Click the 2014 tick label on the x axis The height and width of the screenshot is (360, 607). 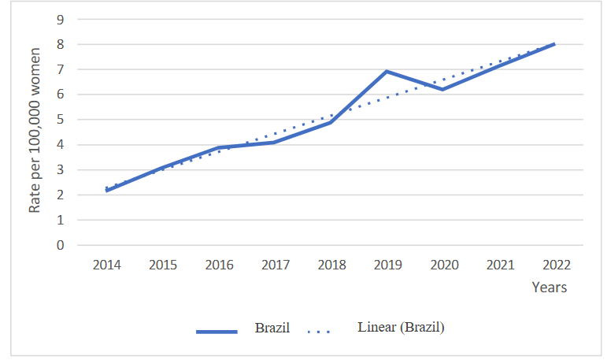pos(107,265)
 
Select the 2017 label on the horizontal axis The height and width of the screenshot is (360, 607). pos(276,265)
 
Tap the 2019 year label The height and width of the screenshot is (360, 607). pos(387,265)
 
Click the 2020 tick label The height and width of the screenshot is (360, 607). pos(443,265)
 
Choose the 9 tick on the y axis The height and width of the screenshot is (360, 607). pos(60,19)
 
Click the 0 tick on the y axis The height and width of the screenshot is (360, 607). pos(60,245)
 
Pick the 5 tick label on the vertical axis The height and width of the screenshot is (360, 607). pos(60,120)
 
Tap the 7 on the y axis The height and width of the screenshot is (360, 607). pos(60,69)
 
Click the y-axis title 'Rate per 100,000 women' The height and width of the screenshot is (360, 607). pos(35,132)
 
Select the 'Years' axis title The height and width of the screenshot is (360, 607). pos(549,288)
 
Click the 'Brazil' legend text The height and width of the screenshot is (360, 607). pos(272,328)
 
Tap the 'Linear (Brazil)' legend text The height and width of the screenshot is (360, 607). pos(401,327)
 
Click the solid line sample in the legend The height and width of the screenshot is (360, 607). pos(217,332)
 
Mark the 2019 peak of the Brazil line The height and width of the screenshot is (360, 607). pos(387,72)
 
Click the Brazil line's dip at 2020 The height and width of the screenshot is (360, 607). pos(443,89)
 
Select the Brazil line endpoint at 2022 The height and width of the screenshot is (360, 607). pos(554,44)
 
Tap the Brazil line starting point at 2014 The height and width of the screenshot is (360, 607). pos(107,191)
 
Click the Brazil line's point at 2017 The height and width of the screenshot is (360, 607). pos(275,142)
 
